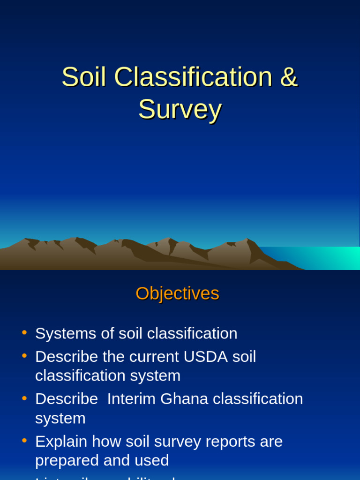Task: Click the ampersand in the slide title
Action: [289, 77]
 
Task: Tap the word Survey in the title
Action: [180, 110]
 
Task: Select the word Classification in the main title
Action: [193, 77]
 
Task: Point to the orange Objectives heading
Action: [177, 293]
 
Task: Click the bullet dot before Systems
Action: [24, 333]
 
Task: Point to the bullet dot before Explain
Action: [24, 441]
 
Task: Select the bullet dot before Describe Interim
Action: [24, 398]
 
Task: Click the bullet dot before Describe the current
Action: [24, 356]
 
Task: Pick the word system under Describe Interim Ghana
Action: [60, 418]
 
